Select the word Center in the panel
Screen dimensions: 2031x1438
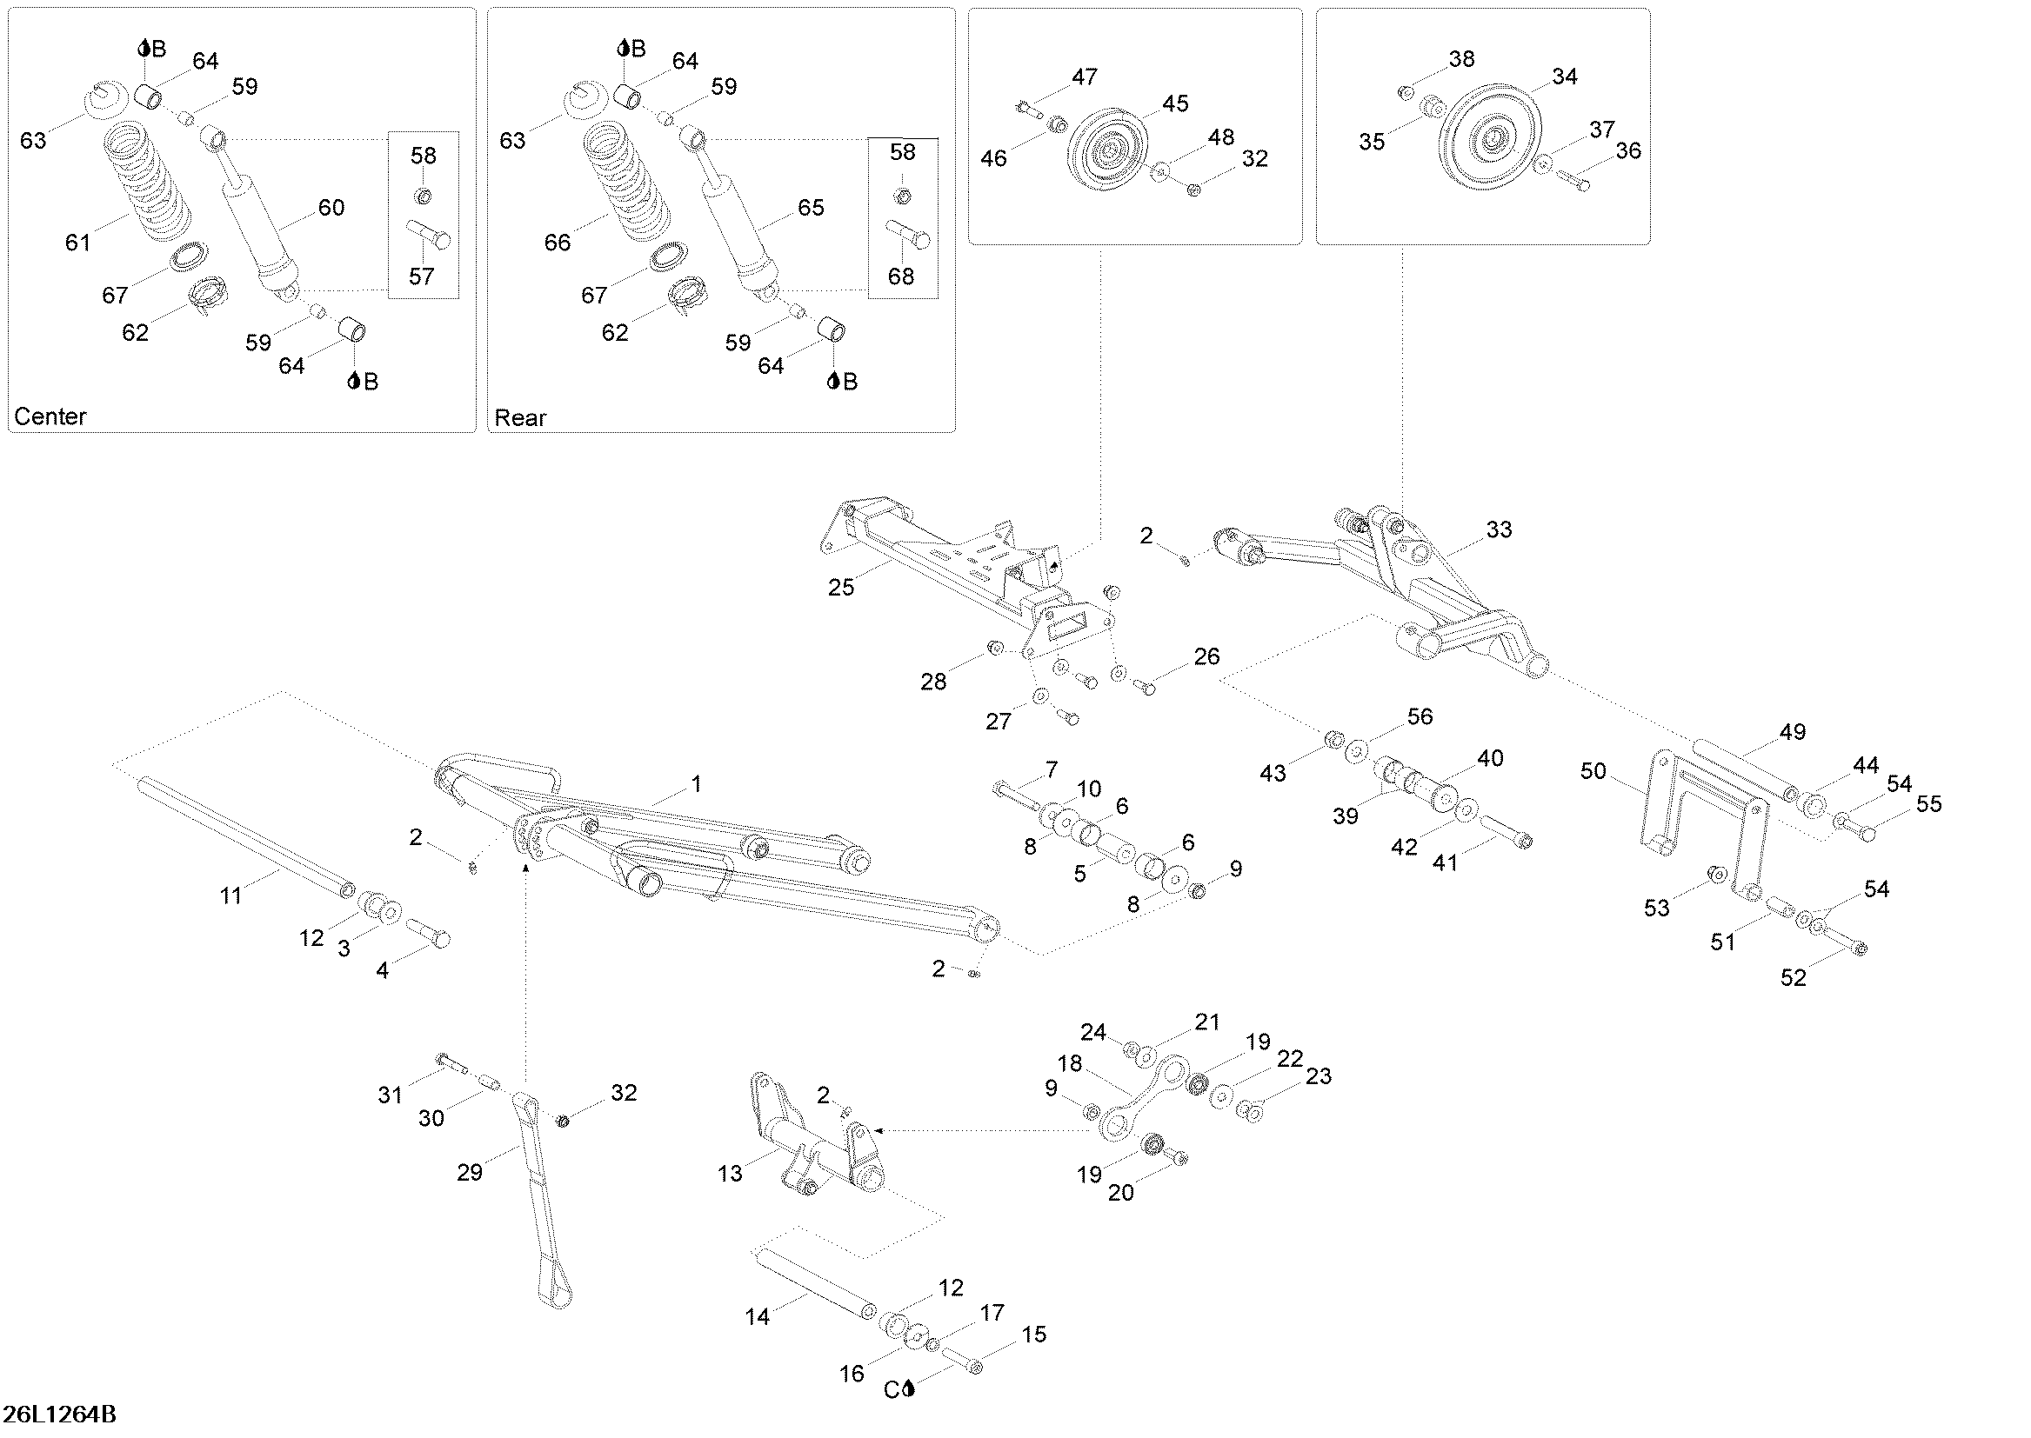click(x=50, y=416)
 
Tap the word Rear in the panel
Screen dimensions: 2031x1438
click(x=520, y=417)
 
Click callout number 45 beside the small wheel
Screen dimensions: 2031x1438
click(x=1175, y=103)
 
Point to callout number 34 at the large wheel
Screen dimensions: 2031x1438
click(x=1565, y=77)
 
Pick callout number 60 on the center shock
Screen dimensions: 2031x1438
click(x=331, y=207)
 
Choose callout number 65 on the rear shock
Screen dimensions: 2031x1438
click(x=811, y=207)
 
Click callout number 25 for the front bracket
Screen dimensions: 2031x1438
click(x=841, y=587)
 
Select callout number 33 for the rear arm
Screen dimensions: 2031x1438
click(x=1499, y=529)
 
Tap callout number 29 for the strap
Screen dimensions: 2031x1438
click(x=470, y=1172)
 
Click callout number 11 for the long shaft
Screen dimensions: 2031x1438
click(x=230, y=896)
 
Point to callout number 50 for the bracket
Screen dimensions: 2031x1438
click(x=1593, y=771)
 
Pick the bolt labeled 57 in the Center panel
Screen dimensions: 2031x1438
click(x=430, y=233)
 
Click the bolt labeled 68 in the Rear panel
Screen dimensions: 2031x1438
click(x=909, y=233)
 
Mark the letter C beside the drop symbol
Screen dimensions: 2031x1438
click(x=892, y=1390)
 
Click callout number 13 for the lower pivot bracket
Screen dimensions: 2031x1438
click(x=730, y=1174)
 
